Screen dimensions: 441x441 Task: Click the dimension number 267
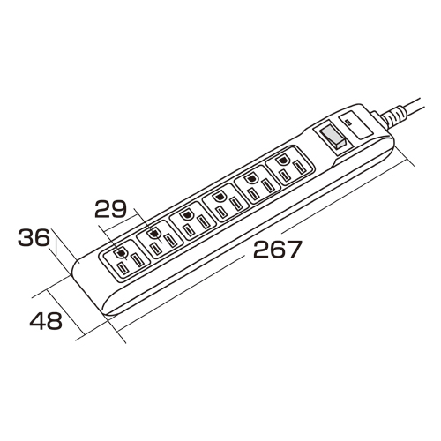(278, 249)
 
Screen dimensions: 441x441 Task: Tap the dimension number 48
(46, 320)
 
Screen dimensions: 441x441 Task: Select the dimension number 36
(34, 237)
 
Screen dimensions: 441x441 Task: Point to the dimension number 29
(110, 208)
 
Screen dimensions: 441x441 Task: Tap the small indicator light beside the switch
(348, 122)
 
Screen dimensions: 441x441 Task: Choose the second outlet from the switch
(257, 184)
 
